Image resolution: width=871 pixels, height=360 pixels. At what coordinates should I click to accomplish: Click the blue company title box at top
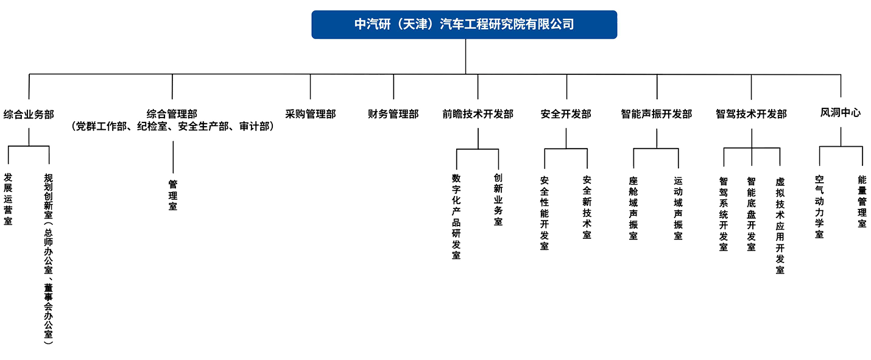coord(464,25)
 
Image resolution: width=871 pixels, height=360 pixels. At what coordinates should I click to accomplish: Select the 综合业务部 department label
coord(29,114)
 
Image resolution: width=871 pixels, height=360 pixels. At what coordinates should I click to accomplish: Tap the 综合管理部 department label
coord(172,114)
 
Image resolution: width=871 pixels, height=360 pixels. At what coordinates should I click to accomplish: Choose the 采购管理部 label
coord(311,114)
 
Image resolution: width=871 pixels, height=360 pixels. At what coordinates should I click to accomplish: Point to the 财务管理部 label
coord(393,114)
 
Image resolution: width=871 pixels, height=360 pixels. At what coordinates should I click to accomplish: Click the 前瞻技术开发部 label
coord(478,114)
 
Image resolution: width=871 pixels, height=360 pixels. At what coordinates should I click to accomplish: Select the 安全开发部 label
coord(566,114)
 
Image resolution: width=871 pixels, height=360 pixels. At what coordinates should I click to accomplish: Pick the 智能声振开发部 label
coord(657,114)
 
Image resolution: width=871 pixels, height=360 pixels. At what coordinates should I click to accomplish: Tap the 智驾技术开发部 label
coord(752,114)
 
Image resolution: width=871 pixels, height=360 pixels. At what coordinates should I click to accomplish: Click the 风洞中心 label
coord(841,113)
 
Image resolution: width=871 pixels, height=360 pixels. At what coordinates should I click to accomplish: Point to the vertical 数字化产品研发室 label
coord(456,216)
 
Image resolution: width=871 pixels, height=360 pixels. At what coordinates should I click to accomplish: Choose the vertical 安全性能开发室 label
coord(545,213)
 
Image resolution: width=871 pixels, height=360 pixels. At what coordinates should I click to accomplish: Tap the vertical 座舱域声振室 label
coord(633,208)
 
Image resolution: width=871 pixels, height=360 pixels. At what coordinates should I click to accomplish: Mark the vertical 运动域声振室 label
coord(678,208)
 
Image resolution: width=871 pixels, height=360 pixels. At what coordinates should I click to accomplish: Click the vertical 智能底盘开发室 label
coord(751,214)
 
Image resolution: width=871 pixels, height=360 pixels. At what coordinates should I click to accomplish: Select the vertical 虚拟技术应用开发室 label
coord(780,225)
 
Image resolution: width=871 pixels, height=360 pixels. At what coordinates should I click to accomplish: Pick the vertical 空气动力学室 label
coord(819,207)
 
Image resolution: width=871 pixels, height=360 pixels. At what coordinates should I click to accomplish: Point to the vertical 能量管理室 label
coord(862,202)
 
